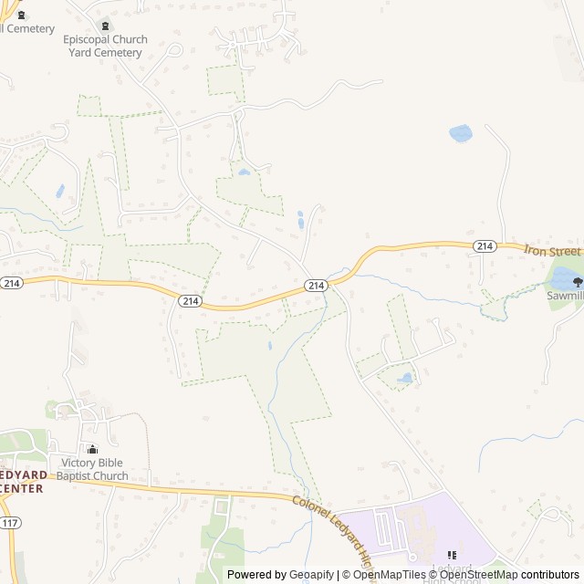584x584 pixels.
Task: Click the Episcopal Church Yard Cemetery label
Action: click(x=104, y=47)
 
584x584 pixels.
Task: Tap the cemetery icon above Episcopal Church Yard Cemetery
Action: click(x=104, y=26)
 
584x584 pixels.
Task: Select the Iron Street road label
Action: click(x=553, y=250)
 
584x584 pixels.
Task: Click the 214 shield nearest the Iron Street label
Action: click(x=485, y=246)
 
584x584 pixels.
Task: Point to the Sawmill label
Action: click(x=565, y=296)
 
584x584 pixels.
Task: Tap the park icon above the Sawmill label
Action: click(x=577, y=282)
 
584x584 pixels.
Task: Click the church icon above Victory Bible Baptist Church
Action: click(x=91, y=449)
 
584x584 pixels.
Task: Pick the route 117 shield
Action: click(x=11, y=523)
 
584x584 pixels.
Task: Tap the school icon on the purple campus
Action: click(x=452, y=555)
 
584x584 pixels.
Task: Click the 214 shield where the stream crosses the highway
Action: click(x=315, y=286)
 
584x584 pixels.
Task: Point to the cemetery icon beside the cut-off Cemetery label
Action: click(x=22, y=16)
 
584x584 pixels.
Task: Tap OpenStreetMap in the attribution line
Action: click(x=478, y=575)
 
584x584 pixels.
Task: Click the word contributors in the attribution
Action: click(x=550, y=575)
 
